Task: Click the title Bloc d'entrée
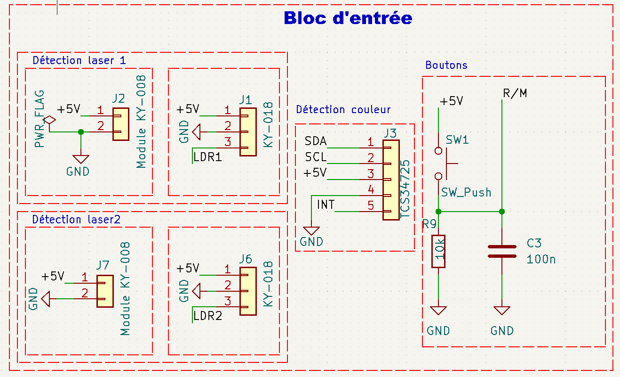tap(348, 18)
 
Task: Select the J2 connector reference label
tap(119, 98)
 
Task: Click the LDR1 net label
tap(207, 157)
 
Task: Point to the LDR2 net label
tap(207, 316)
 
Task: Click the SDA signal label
tap(315, 141)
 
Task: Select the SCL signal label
tap(315, 157)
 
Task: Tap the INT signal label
tap(326, 205)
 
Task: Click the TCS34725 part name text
tap(405, 188)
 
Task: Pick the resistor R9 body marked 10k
tap(438, 251)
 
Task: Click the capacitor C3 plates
tap(502, 251)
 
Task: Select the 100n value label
tap(541, 259)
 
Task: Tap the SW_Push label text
tap(466, 192)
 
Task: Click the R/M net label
tap(515, 93)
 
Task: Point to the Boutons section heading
tap(446, 65)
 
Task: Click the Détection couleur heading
tap(343, 109)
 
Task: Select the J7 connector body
tap(105, 291)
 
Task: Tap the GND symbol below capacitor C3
tap(502, 311)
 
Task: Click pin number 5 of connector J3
tap(371, 205)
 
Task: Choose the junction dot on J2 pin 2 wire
tap(81, 132)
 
